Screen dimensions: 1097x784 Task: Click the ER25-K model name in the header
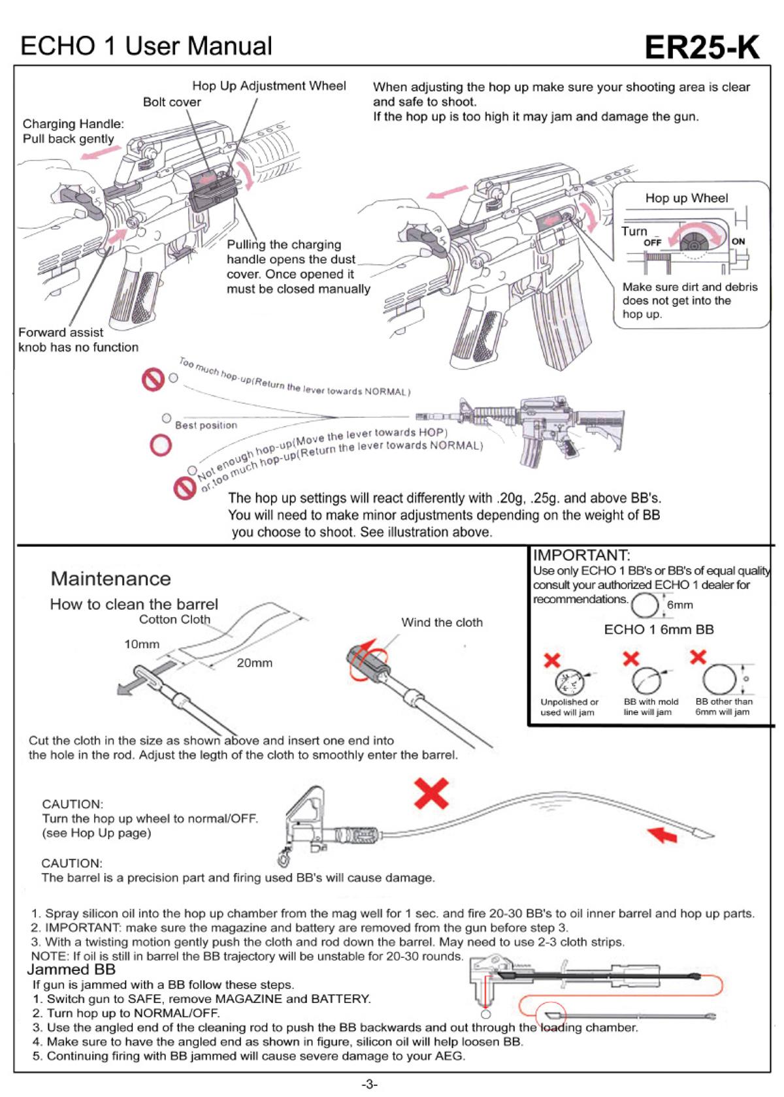point(702,48)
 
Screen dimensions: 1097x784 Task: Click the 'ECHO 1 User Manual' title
point(146,46)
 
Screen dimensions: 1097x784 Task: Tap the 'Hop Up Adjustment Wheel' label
point(269,86)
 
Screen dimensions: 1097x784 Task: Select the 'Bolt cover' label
point(172,102)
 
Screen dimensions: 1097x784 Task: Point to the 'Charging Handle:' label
point(73,124)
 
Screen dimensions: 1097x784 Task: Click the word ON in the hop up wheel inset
point(738,241)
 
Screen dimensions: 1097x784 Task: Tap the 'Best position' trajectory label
point(206,425)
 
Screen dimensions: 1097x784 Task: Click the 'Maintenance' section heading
point(110,579)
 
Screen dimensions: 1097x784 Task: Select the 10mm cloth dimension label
point(142,644)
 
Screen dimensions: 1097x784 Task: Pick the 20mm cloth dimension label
point(254,663)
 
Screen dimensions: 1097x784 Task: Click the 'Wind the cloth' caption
point(442,622)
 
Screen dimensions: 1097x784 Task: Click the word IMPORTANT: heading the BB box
point(581,556)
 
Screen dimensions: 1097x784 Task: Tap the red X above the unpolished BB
point(552,660)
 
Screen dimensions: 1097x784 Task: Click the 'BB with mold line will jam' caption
point(651,707)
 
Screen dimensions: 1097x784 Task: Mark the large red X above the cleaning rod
point(431,793)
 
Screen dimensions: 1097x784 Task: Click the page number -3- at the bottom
point(370,1085)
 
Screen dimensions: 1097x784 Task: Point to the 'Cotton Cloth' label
point(174,620)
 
